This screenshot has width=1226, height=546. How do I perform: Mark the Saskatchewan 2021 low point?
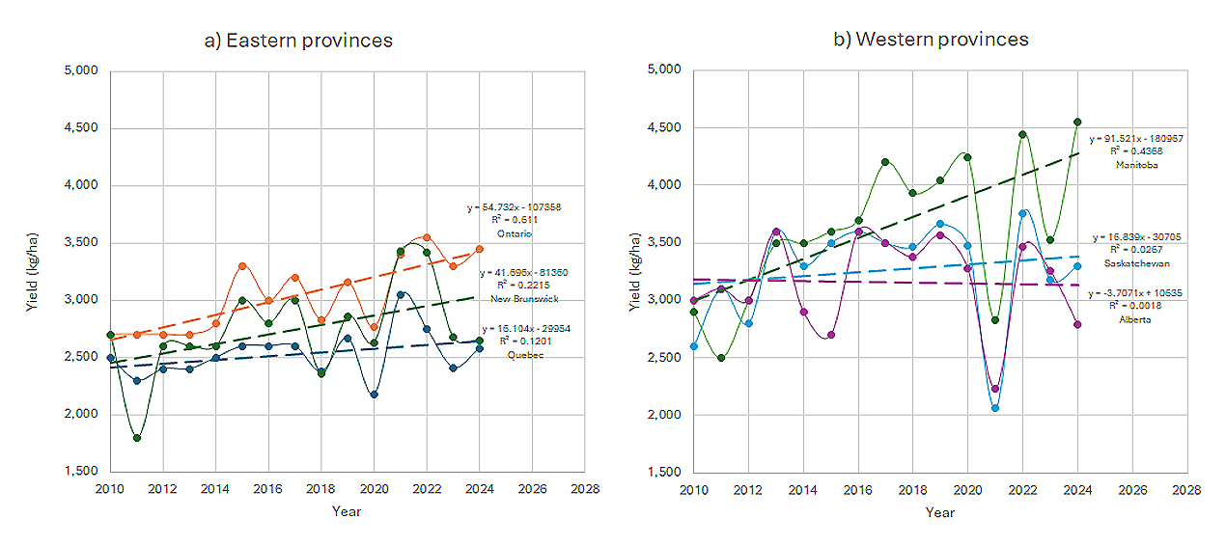pos(994,408)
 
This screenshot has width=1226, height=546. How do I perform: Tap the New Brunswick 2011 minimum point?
pos(137,438)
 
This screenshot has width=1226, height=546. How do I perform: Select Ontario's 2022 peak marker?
pos(427,237)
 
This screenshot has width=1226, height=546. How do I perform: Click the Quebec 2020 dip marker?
pos(374,394)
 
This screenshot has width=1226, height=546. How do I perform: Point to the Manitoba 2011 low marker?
pos(720,358)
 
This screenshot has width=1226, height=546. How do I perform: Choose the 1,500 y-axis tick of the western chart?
pos(665,473)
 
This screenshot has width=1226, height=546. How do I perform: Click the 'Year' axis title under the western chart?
pos(939,512)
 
